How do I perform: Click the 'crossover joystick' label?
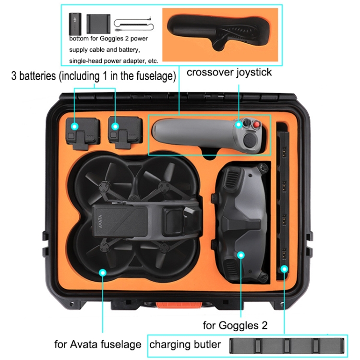(x=229, y=72)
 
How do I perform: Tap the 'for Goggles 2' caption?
(x=235, y=325)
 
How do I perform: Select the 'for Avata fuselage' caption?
(x=97, y=344)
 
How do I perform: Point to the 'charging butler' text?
(x=185, y=344)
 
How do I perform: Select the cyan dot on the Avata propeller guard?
(x=103, y=272)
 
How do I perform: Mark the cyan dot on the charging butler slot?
(x=284, y=269)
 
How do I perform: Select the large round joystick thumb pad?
(x=252, y=141)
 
